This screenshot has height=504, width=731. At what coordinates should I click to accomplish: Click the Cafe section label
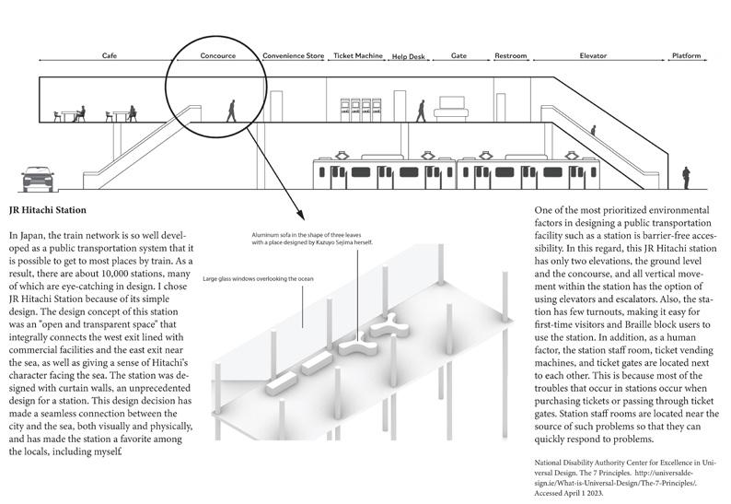[x=109, y=56]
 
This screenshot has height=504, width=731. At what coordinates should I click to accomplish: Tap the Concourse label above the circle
[x=218, y=56]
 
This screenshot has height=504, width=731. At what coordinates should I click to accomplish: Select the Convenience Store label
[x=293, y=56]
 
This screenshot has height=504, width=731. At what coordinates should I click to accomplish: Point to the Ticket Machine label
[x=357, y=56]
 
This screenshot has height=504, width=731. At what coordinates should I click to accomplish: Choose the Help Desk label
[x=409, y=57]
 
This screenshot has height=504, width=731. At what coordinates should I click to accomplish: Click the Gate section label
[x=458, y=56]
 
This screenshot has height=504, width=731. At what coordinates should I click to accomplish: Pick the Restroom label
[x=510, y=56]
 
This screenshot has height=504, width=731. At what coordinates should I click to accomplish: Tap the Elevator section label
[x=593, y=56]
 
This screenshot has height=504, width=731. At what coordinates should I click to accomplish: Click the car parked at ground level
[x=36, y=176]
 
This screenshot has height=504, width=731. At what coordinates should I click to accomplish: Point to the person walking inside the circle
[x=231, y=111]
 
